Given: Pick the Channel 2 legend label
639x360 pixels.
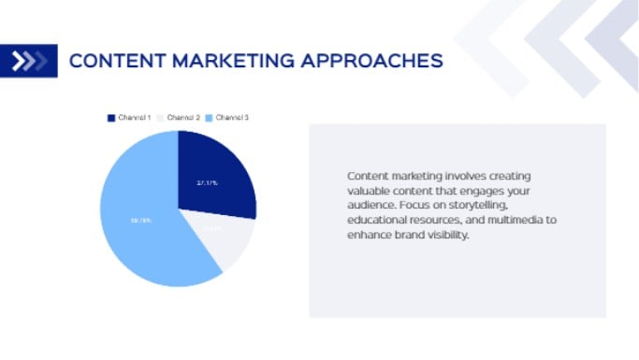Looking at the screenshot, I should coord(184,118).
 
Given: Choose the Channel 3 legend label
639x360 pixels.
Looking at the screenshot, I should coord(233,118).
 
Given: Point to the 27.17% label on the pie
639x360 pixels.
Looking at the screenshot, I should coord(207,182).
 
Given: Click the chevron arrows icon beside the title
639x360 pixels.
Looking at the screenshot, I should coord(28,62).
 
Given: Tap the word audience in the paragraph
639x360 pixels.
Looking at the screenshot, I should coord(370,204).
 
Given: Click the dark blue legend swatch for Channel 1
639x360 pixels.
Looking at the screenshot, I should coord(111,118).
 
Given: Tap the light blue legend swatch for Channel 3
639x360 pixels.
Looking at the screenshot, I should coord(211,118).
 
